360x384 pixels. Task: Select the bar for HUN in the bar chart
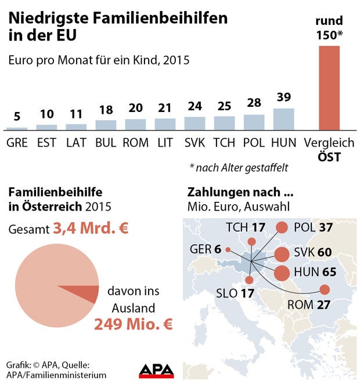click(x=283, y=119)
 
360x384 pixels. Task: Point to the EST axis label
click(x=46, y=143)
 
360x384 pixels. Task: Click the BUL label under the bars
click(x=106, y=143)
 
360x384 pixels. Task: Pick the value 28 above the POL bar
click(x=254, y=103)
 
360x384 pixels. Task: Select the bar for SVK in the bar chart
click(x=195, y=123)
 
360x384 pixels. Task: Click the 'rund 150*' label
click(x=329, y=28)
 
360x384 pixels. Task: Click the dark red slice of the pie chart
click(x=87, y=294)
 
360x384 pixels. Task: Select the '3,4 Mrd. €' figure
click(x=91, y=229)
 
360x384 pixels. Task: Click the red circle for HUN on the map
click(x=282, y=273)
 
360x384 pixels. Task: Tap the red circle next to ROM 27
click(x=324, y=289)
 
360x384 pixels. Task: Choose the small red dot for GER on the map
click(x=228, y=250)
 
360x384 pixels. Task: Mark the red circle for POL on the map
click(x=282, y=228)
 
